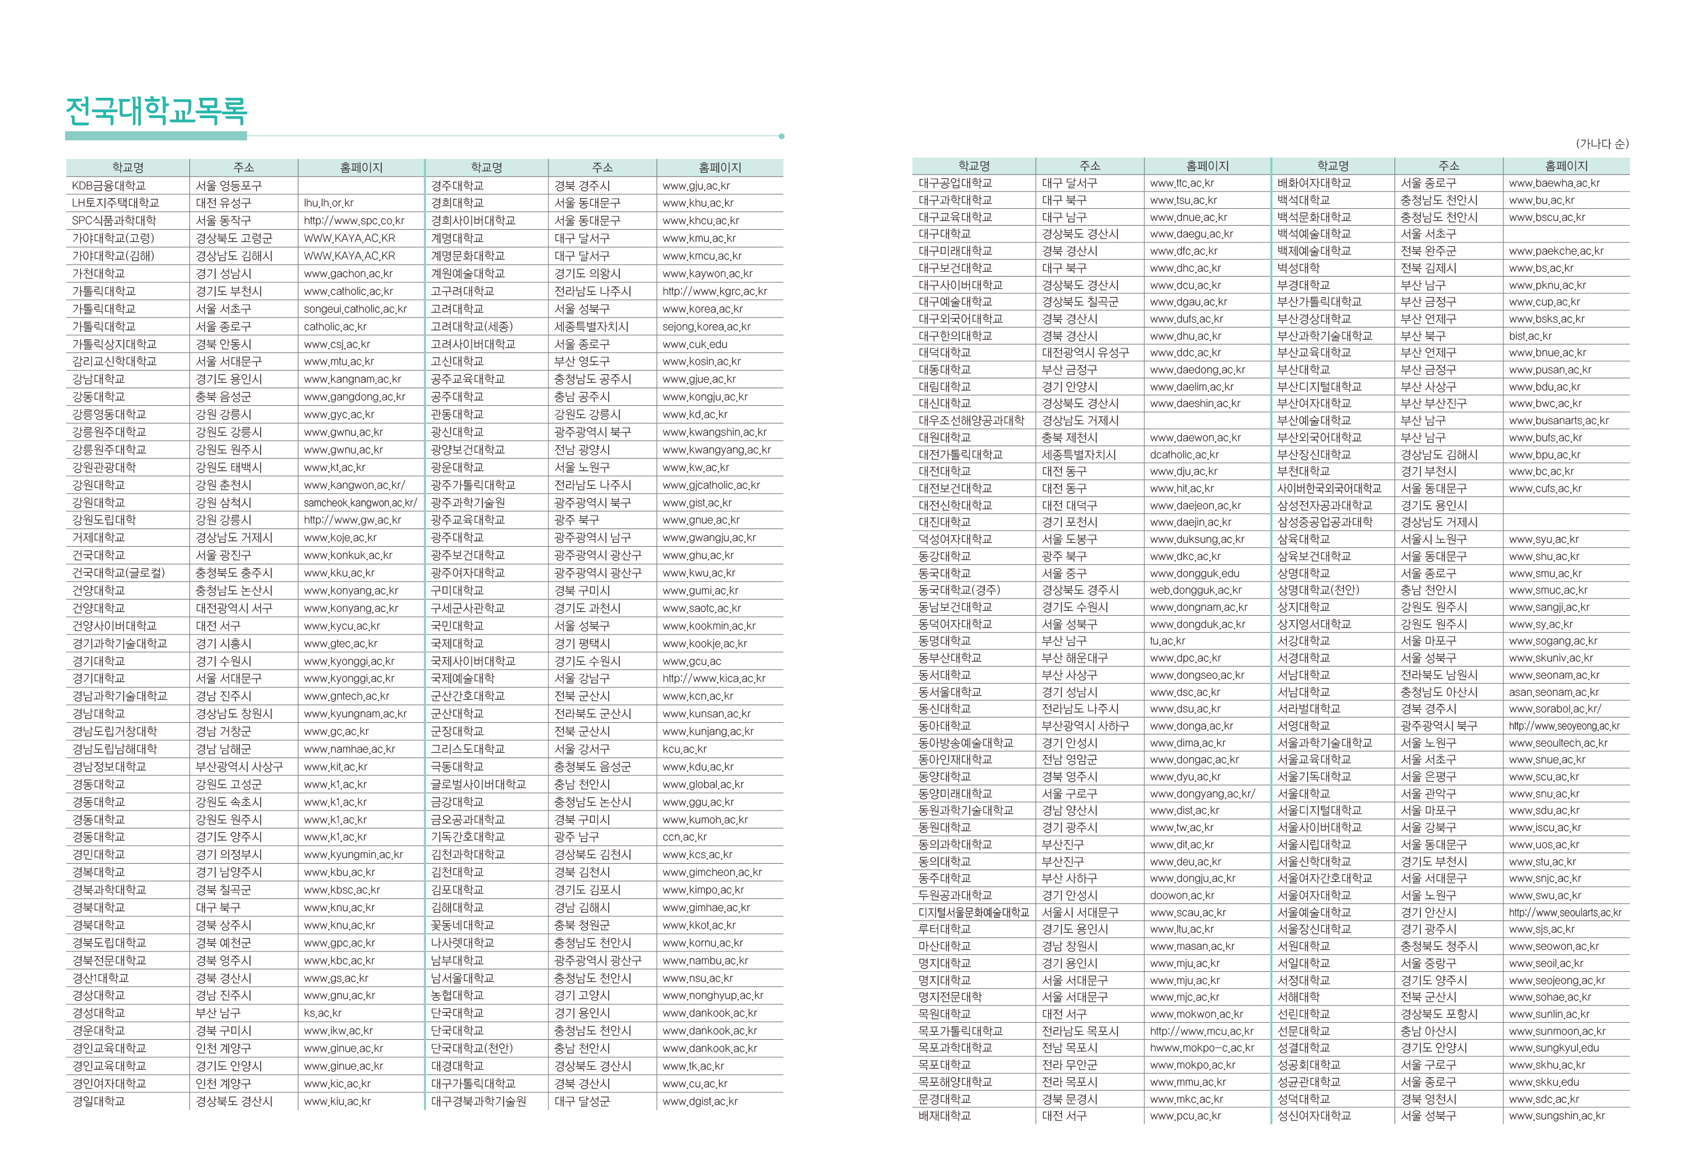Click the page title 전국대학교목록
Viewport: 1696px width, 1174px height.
pyautogui.click(x=156, y=111)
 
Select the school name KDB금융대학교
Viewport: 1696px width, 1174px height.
pyautogui.click(x=109, y=186)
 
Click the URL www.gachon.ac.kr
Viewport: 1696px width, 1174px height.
pyautogui.click(x=348, y=274)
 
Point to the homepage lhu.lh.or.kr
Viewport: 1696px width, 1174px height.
pyautogui.click(x=328, y=203)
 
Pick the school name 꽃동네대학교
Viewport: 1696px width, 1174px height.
pyautogui.click(x=462, y=926)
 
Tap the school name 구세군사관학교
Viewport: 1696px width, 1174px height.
pyautogui.click(x=468, y=609)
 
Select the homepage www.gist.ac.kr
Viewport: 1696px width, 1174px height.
pyautogui.click(x=696, y=503)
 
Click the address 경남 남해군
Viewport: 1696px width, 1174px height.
pyautogui.click(x=223, y=749)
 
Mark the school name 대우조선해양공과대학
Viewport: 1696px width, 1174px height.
pyautogui.click(x=971, y=421)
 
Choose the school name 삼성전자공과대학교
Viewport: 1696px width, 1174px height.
pyautogui.click(x=1324, y=505)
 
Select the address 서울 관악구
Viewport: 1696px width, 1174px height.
pyautogui.click(x=1428, y=794)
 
